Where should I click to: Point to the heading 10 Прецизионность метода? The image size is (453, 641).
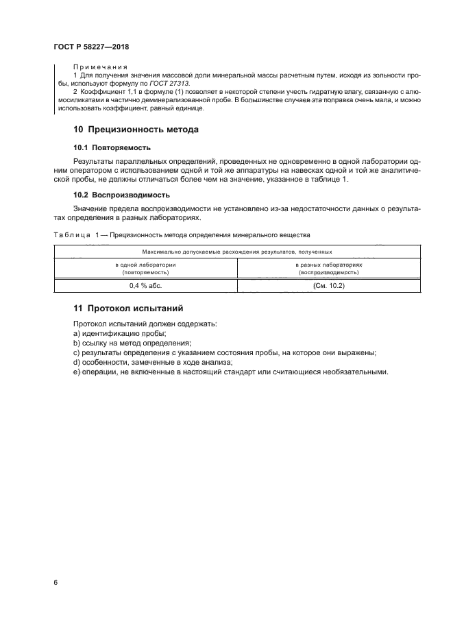137,130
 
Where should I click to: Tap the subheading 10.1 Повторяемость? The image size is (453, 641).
112,147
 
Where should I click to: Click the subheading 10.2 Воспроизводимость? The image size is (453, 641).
121,195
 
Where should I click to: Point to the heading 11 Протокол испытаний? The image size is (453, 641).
129,309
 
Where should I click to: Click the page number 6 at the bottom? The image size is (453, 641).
56,582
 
